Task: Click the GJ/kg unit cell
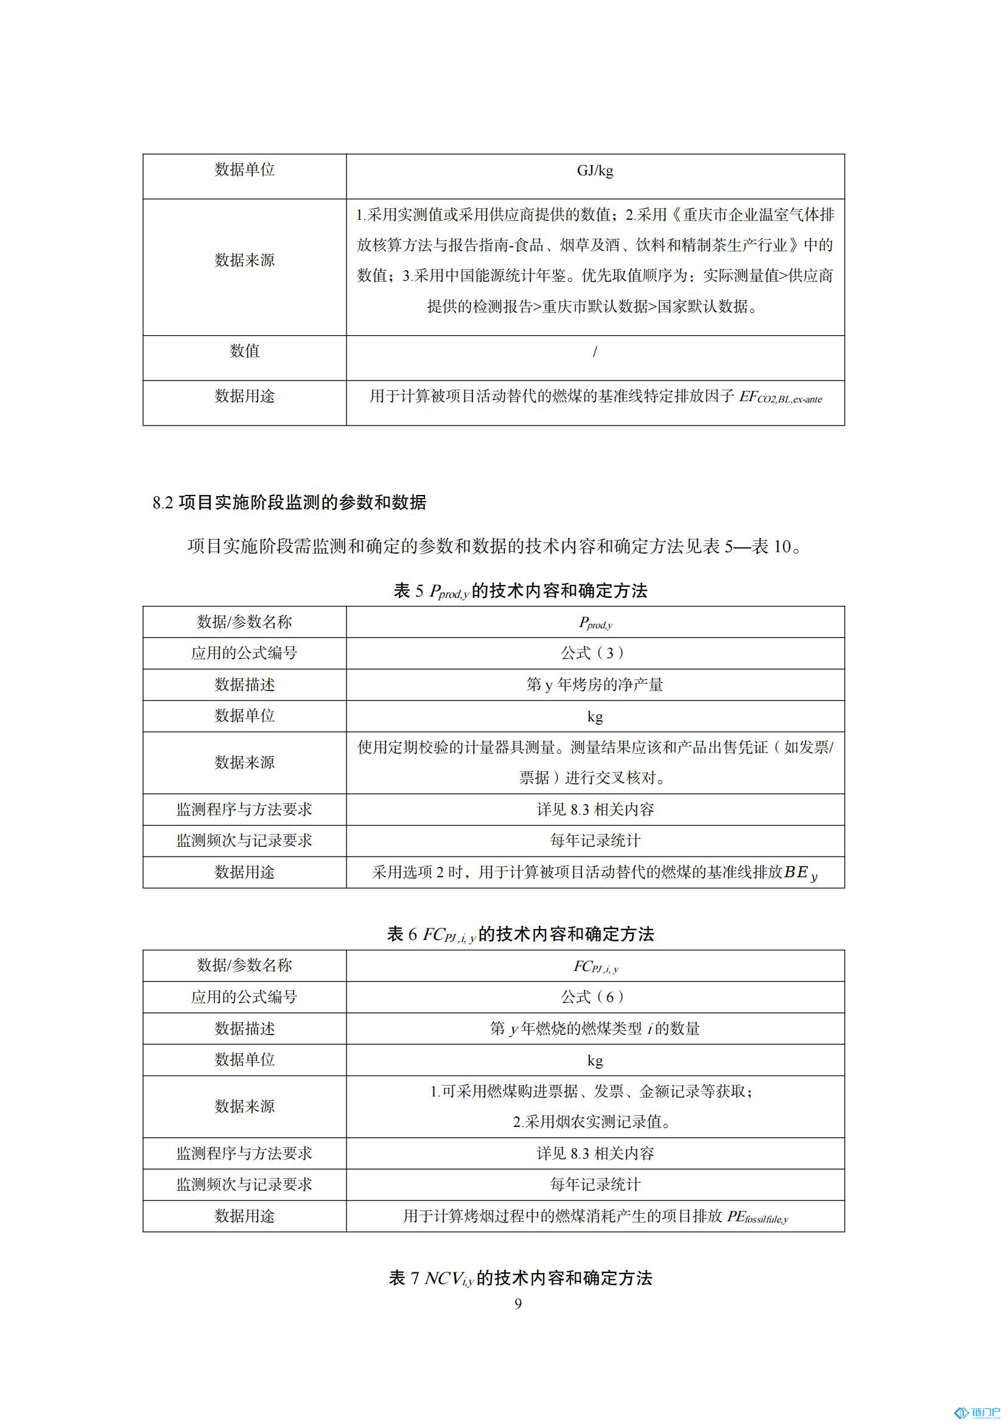pyautogui.click(x=595, y=171)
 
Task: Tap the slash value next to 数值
pyautogui.click(x=595, y=352)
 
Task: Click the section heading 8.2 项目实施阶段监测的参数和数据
pyautogui.click(x=290, y=502)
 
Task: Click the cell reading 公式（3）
pyautogui.click(x=595, y=653)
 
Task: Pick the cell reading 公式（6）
pyautogui.click(x=595, y=997)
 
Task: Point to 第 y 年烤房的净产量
pyautogui.click(x=595, y=685)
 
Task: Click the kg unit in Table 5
pyautogui.click(x=595, y=717)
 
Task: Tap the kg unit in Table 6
pyautogui.click(x=595, y=1061)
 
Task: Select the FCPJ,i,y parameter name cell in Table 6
pyautogui.click(x=595, y=966)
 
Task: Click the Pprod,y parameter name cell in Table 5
pyautogui.click(x=595, y=623)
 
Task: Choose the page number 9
pyautogui.click(x=518, y=1304)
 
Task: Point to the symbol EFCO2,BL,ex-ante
pyautogui.click(x=780, y=398)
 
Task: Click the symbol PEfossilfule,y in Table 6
pyautogui.click(x=757, y=1217)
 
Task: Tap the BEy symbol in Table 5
pyautogui.click(x=801, y=873)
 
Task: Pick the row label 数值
pyautogui.click(x=244, y=351)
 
